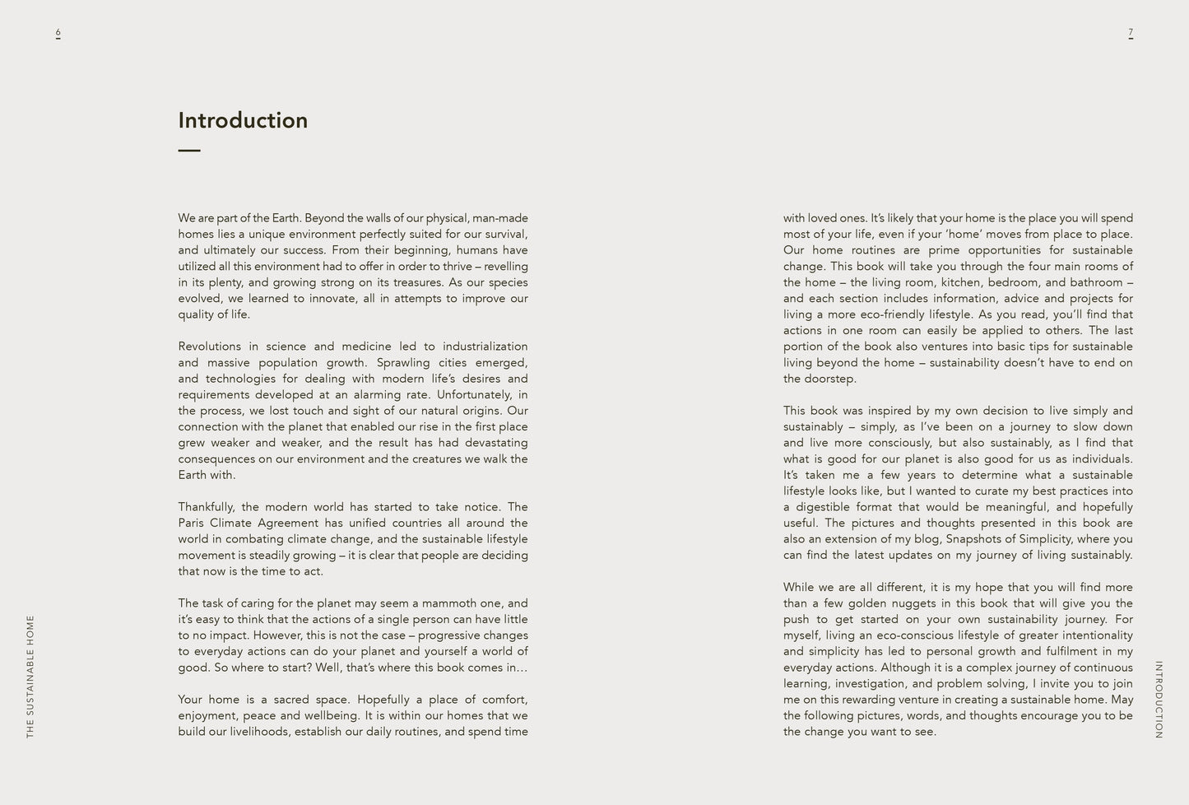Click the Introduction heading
coord(243,120)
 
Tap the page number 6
coord(58,33)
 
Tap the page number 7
coord(1131,33)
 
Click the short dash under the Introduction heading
coord(189,151)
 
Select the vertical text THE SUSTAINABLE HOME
coord(30,676)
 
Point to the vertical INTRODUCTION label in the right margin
coord(1159,700)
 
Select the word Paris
coord(192,523)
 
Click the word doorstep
coord(830,379)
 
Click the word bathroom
coord(1096,282)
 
